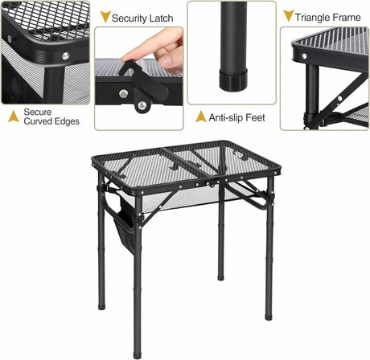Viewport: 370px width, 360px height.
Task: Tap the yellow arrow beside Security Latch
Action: (104, 17)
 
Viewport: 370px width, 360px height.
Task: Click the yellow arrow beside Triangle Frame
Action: (288, 16)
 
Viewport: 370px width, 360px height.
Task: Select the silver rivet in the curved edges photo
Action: (65, 57)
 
